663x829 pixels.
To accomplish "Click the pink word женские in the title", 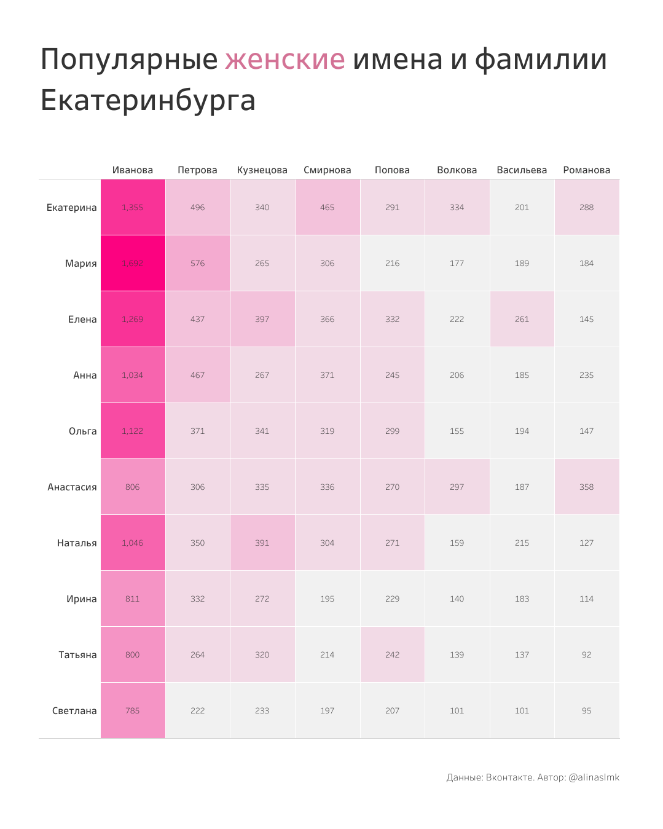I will [284, 60].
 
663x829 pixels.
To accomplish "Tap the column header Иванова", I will [133, 170].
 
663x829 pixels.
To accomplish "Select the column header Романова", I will [587, 170].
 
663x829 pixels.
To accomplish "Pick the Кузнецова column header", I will [262, 170].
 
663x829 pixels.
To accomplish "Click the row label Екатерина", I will [72, 208].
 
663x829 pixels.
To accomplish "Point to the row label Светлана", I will [74, 711].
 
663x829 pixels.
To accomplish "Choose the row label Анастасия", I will [72, 487].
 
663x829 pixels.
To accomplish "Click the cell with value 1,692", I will [133, 263].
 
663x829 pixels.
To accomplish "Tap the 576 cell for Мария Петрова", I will [198, 263].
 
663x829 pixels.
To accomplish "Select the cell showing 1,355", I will [133, 207].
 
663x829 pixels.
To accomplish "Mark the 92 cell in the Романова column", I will [587, 654].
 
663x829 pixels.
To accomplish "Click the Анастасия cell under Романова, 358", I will [587, 487].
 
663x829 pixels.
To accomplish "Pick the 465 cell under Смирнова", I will [328, 207].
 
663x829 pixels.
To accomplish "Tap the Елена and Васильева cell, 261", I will [522, 319].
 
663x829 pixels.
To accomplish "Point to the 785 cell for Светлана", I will [133, 710].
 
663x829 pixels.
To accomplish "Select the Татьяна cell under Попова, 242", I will [393, 654].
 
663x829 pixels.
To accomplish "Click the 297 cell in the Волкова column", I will [457, 487].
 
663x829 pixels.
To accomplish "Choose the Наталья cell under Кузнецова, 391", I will [262, 543].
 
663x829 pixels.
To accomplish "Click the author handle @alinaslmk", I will [594, 777].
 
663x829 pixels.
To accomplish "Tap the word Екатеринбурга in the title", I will [147, 100].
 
